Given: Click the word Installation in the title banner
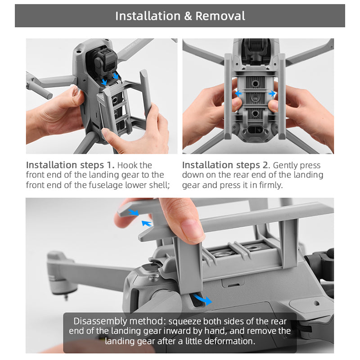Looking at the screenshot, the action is [148, 16].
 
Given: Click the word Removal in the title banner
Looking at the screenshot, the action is [220, 16].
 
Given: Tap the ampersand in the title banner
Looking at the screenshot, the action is [188, 16].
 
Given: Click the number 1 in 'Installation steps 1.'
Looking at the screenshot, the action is [109, 165].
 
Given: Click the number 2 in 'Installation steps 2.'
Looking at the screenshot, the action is [265, 165].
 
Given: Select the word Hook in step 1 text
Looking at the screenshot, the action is [126, 165].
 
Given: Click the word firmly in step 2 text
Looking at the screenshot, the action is [271, 185].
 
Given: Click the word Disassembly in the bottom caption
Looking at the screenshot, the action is [100, 321].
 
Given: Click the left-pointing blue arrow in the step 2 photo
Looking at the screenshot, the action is [238, 93].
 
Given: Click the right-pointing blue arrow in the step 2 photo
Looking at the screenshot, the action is [272, 94].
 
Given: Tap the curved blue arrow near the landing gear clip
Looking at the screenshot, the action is [202, 299].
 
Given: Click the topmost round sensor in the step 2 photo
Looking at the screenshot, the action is [255, 84].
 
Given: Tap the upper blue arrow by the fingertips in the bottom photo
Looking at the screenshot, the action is [133, 212].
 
